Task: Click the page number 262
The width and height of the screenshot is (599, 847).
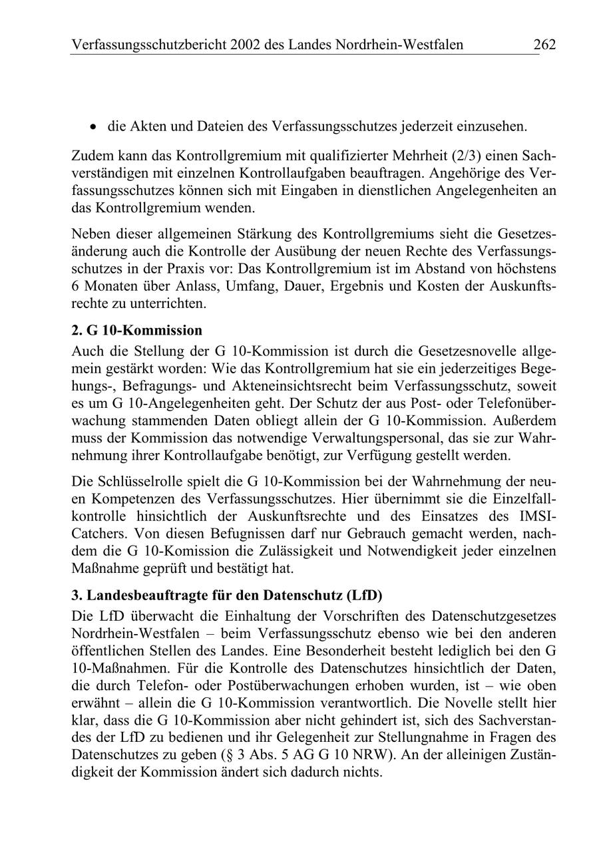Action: click(x=544, y=45)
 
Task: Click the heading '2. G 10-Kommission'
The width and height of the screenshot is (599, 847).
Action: click(x=136, y=330)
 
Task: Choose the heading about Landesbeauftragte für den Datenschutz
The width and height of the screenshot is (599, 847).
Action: click(x=226, y=594)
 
